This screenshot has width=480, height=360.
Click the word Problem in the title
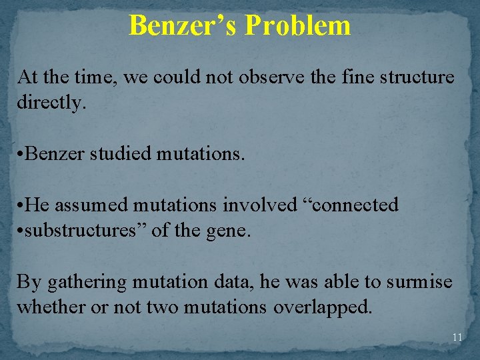click(x=297, y=25)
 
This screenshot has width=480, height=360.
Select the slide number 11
click(x=457, y=337)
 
